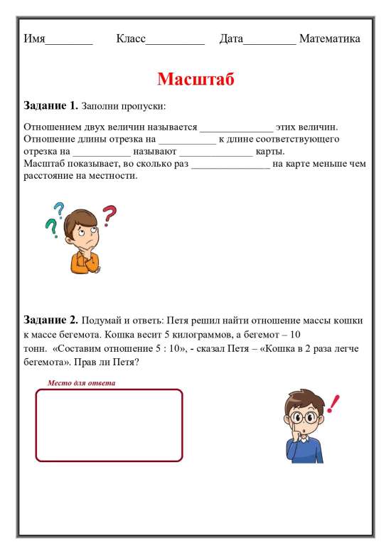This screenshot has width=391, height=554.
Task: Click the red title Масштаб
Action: coord(195,78)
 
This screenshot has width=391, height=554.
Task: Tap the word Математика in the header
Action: coord(329,38)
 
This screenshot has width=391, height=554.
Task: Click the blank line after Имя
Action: coord(69,41)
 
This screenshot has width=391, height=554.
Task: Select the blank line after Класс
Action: coord(175,41)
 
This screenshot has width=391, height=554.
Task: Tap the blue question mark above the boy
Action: coord(58,208)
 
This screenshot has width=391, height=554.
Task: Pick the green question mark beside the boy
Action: coord(50,227)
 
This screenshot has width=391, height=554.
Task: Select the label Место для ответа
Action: coord(81,383)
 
